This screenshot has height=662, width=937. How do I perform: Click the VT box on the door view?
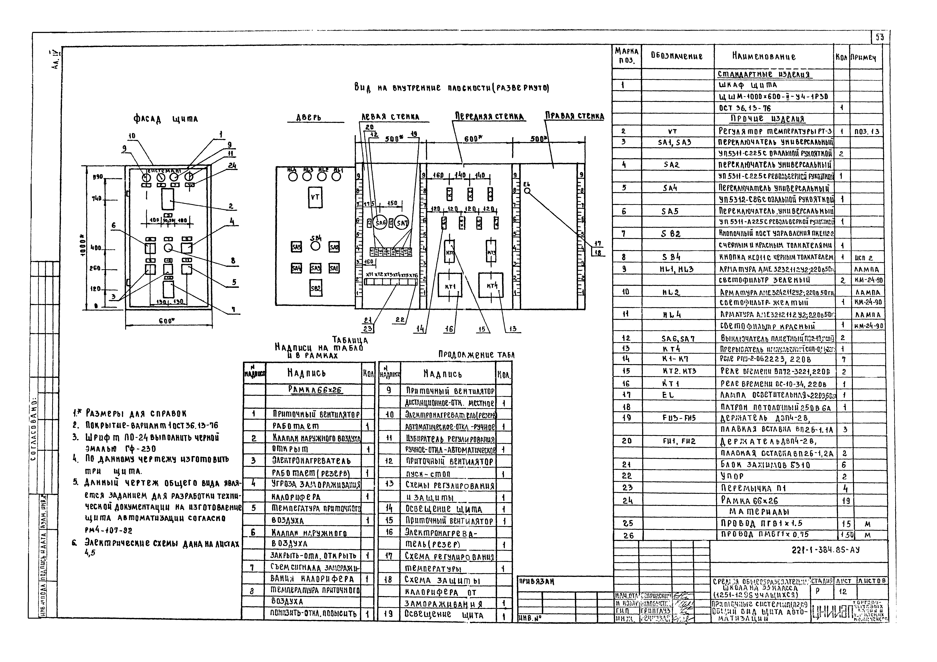pos(315,197)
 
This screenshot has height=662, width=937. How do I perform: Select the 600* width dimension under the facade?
pos(167,321)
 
